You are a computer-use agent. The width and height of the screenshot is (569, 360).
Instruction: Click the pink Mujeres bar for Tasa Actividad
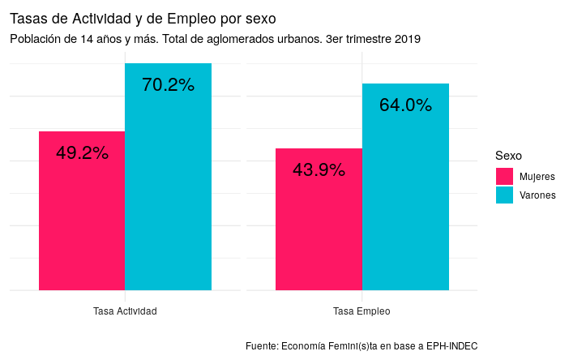click(x=82, y=219)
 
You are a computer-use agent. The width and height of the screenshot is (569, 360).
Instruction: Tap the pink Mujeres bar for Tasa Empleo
click(x=319, y=227)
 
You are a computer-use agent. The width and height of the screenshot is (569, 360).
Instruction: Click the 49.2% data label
click(x=82, y=153)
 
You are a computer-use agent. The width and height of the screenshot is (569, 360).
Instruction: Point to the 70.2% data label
click(x=168, y=85)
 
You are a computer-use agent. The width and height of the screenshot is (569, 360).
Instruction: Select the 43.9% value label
click(x=319, y=170)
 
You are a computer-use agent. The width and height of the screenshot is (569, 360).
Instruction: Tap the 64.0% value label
click(x=405, y=105)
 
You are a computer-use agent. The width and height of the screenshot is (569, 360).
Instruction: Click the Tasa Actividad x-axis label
click(x=125, y=311)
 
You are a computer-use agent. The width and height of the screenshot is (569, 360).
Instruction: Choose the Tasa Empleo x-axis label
click(x=362, y=311)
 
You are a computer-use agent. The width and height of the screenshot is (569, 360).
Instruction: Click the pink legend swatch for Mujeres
click(x=503, y=176)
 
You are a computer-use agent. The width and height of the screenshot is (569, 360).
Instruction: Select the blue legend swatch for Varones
click(x=503, y=195)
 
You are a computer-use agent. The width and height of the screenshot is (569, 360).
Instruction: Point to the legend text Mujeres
click(x=537, y=176)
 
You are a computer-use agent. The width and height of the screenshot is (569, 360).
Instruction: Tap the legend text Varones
click(x=537, y=195)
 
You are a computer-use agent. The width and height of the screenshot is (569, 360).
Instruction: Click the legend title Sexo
click(x=508, y=155)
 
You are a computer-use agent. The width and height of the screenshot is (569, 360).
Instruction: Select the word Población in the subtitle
click(x=36, y=39)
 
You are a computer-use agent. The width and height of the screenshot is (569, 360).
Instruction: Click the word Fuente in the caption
click(x=261, y=346)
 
